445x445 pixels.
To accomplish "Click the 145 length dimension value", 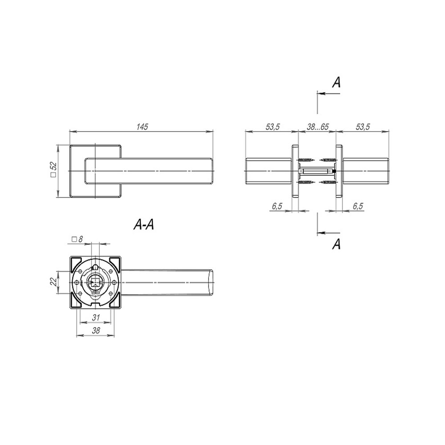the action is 142,126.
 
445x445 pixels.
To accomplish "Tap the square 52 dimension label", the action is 54,170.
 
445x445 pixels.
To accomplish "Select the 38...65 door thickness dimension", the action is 317,126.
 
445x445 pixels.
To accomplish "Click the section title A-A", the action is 144,225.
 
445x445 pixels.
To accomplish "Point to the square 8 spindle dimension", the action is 77,239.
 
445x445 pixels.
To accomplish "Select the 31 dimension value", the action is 96,317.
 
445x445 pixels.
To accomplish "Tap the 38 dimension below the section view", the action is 96,330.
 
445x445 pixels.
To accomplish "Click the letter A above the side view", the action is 336,82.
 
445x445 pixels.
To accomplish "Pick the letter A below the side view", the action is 336,244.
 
